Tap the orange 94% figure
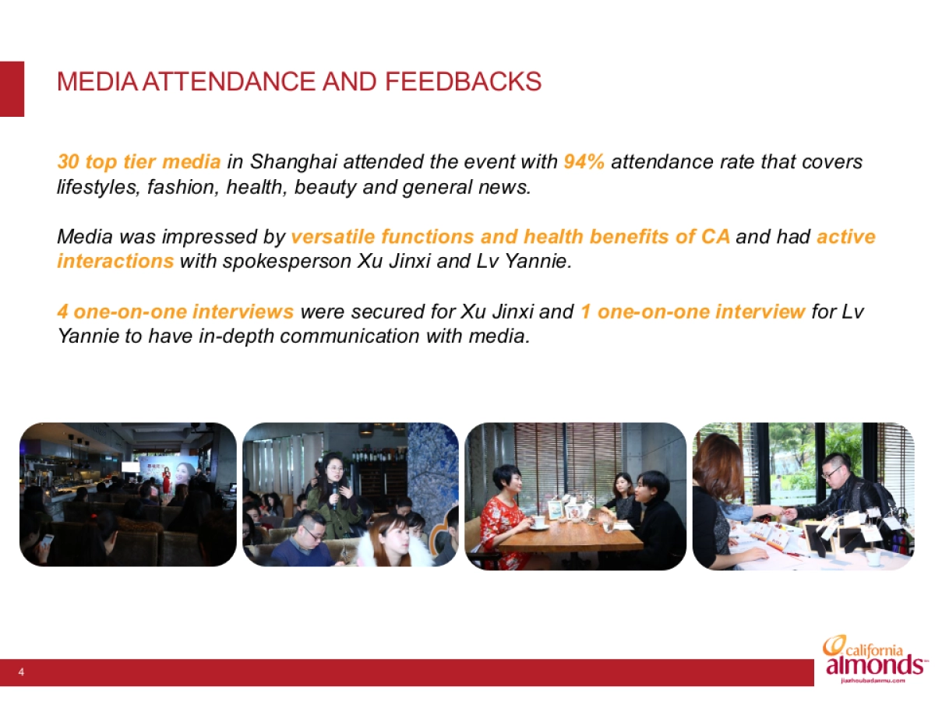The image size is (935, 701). click(x=584, y=162)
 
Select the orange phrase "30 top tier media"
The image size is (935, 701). click(x=139, y=162)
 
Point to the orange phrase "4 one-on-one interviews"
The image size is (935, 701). click(x=175, y=312)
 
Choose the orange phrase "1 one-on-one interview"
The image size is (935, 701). click(x=693, y=312)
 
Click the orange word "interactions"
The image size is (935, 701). click(x=115, y=261)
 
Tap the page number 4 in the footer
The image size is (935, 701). click(x=21, y=672)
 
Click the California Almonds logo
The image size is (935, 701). click(x=874, y=660)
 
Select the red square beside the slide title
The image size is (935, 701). click(x=12, y=89)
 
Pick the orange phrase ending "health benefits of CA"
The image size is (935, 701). click(x=510, y=236)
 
